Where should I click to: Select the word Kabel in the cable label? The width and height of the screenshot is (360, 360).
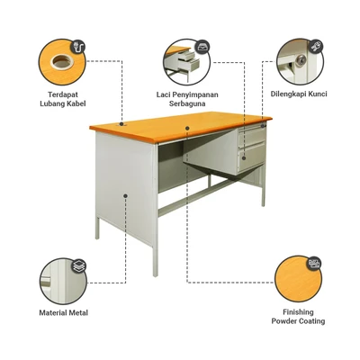pos(76,103)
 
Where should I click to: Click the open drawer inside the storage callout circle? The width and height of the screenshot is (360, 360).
pos(186,60)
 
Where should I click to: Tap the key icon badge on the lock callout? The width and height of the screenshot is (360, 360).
pos(316,43)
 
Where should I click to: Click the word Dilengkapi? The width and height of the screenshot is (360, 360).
pos(287,93)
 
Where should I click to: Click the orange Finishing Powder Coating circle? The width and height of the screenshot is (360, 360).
pos(298,279)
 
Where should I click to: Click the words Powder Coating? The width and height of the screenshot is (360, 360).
pos(298,320)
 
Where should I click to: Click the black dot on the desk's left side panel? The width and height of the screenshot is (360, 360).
pos(124,194)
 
